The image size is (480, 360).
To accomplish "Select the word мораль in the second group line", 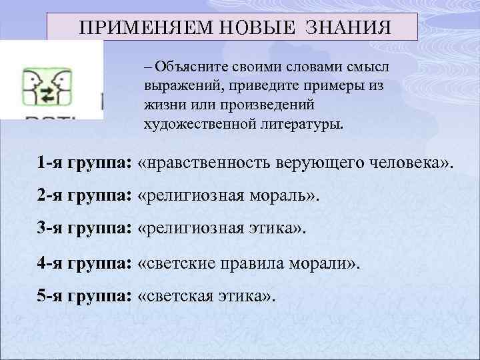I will tap(278, 197).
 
